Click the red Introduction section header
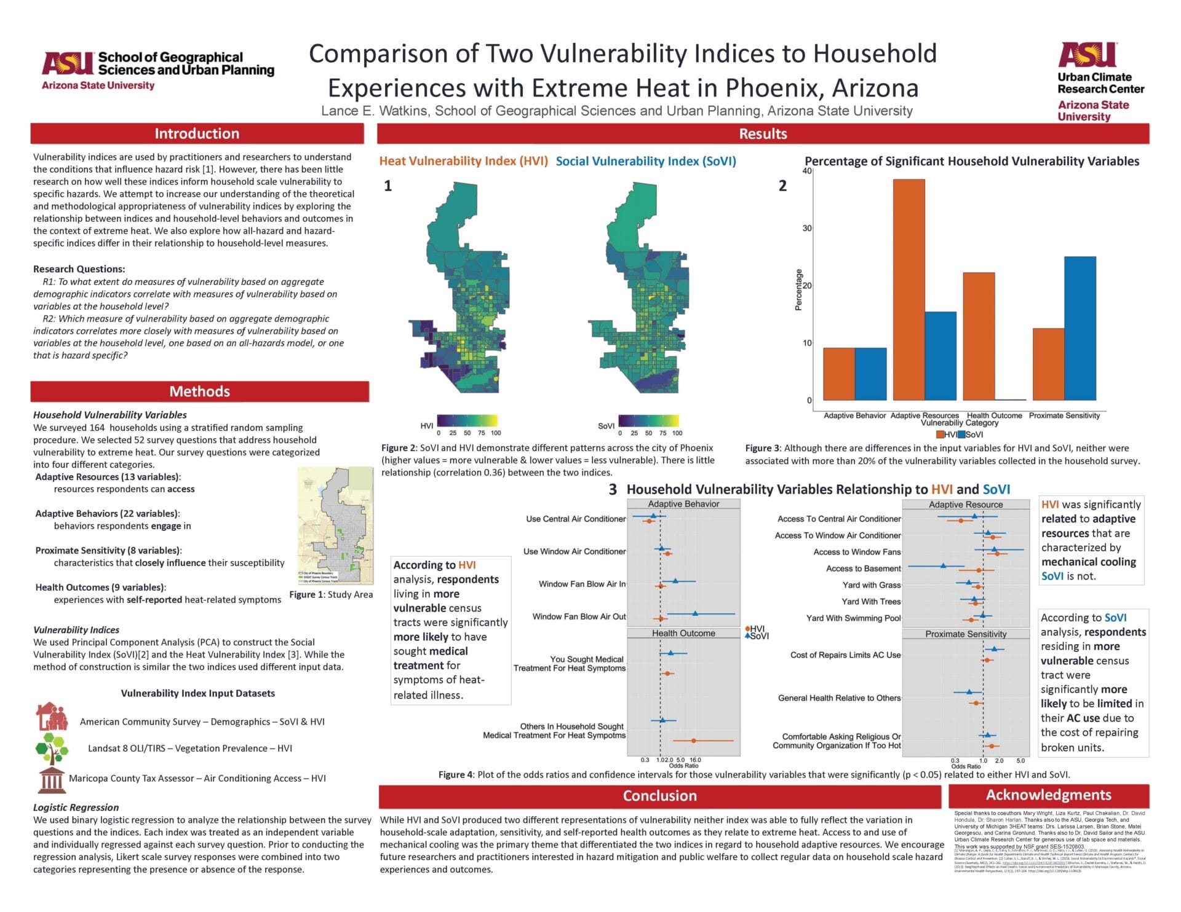(x=197, y=133)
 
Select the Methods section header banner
(x=199, y=391)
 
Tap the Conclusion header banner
(x=659, y=796)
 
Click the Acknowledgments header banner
(x=1048, y=795)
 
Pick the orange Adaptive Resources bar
(x=909, y=289)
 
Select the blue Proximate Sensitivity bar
(x=1080, y=328)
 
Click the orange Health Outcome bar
(x=978, y=336)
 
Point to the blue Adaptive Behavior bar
(x=870, y=374)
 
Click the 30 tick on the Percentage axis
(x=807, y=228)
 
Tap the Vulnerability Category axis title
(x=959, y=423)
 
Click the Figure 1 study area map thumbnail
(x=335, y=525)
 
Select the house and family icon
(x=52, y=717)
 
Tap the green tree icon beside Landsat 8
(x=52, y=748)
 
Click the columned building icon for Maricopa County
(x=52, y=779)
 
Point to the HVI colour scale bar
(x=467, y=421)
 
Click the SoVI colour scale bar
(x=648, y=421)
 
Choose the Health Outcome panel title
(x=683, y=634)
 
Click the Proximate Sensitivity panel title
(x=966, y=634)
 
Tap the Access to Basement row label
(x=863, y=568)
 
